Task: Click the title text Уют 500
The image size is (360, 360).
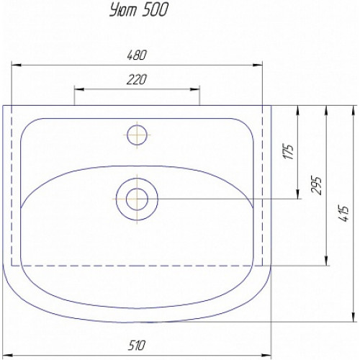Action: [139, 11]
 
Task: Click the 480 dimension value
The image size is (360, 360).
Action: [136, 55]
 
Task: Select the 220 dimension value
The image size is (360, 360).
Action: [136, 80]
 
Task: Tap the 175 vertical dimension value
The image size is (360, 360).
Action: [289, 151]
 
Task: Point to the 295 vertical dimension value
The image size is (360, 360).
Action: [316, 185]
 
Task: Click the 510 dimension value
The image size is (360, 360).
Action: [137, 346]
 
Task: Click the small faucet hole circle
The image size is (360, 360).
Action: [137, 135]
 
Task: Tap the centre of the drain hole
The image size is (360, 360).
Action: [137, 199]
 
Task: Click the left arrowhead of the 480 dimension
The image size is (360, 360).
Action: [17, 65]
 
